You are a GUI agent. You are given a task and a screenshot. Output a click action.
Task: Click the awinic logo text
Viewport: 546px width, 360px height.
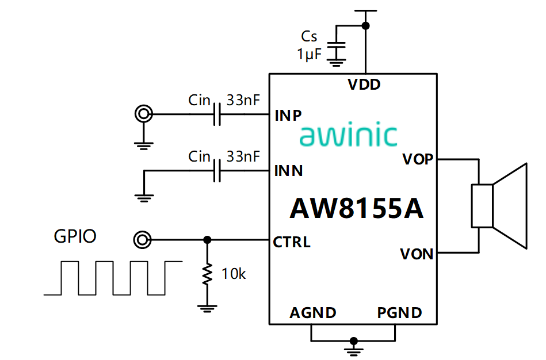pos(348,136)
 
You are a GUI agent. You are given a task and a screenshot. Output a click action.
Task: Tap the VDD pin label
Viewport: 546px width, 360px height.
pos(364,85)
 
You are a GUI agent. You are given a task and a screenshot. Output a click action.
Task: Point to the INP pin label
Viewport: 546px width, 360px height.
pos(288,115)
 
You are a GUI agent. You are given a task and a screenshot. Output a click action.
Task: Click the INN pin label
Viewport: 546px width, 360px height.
pos(289,171)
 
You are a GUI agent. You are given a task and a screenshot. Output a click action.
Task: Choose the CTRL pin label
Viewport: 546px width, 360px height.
pos(292,242)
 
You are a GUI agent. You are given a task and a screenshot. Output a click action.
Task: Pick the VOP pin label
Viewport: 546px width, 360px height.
pos(417,159)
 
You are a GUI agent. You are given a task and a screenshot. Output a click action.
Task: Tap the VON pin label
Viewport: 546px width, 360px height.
pos(417,254)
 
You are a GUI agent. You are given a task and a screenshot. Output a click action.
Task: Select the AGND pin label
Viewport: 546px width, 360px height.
pos(313,313)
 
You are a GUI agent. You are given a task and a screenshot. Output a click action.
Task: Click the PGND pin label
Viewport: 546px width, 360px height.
pos(400,313)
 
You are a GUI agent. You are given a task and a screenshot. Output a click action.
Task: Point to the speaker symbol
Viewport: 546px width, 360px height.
pos(499,206)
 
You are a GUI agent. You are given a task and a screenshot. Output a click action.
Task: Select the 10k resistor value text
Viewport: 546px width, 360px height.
pos(234,274)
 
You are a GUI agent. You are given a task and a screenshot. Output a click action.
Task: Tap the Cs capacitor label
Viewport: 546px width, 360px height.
pos(309,37)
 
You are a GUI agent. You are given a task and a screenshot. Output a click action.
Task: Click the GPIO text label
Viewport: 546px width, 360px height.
pos(75,236)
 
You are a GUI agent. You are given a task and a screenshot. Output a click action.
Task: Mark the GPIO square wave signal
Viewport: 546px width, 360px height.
pos(113,278)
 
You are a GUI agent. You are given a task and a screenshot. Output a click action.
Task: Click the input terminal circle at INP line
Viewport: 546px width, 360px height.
pos(142,114)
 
